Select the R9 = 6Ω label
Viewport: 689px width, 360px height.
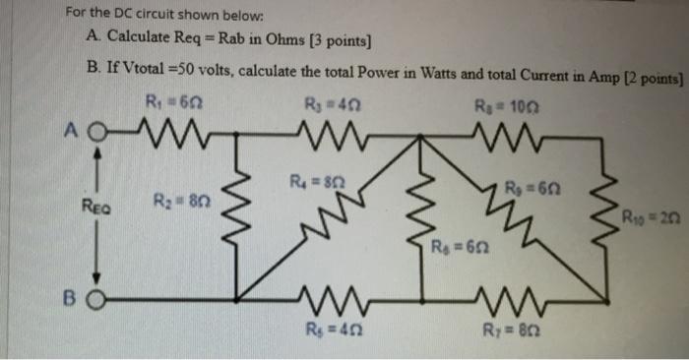click(x=522, y=188)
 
